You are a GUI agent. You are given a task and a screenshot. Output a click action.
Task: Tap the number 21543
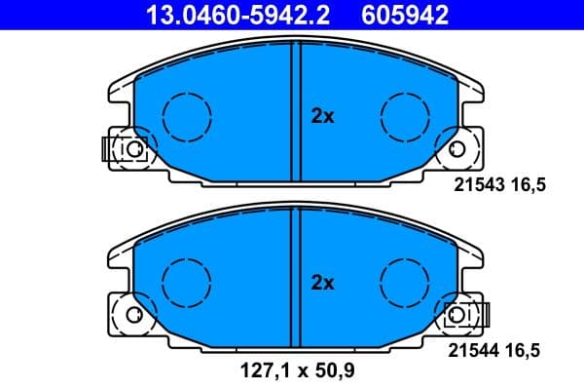coord(480,188)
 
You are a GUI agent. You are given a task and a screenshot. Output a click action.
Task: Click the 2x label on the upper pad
coord(322,117)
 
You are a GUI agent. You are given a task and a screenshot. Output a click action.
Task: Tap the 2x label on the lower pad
coord(322,284)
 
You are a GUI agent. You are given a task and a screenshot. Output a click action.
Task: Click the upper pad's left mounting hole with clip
coord(132,148)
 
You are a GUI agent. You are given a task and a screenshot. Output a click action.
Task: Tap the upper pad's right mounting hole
coord(457,148)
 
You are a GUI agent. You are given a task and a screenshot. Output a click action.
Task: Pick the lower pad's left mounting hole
coord(132,315)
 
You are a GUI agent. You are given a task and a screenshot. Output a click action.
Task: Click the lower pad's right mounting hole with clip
coord(457,315)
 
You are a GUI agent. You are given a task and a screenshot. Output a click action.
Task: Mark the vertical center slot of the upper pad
coord(297,107)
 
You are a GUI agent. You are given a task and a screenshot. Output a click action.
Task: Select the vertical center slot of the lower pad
coord(297,273)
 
